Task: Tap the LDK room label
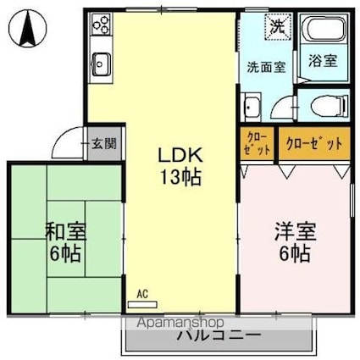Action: click(x=179, y=157)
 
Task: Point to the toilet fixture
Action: click(x=324, y=105)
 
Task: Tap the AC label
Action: click(x=142, y=294)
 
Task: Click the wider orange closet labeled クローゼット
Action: click(x=314, y=145)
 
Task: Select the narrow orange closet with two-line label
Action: click(x=258, y=145)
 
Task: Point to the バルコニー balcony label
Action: click(x=219, y=336)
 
